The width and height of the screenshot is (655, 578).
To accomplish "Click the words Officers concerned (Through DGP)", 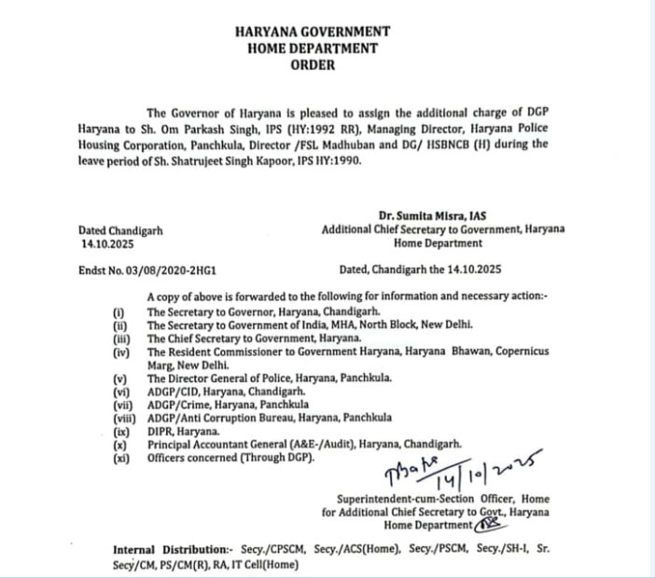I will tap(232, 460).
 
